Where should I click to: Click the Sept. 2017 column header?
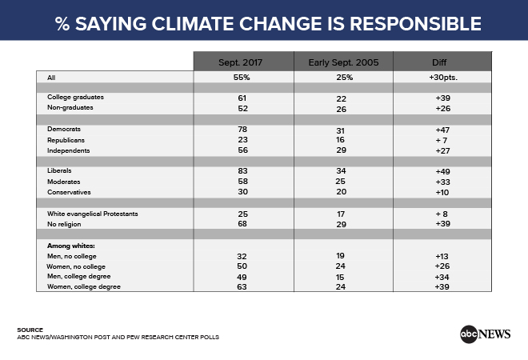[x=240, y=62]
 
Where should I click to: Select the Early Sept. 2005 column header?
[x=343, y=62]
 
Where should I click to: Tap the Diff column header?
[x=439, y=62]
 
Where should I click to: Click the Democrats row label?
[x=64, y=129]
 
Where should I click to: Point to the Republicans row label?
[x=66, y=140]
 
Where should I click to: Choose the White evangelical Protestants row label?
[x=93, y=214]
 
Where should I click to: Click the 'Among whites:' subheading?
[x=71, y=246]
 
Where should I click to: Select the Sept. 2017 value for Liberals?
[x=242, y=170]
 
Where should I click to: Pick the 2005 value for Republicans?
[x=340, y=140]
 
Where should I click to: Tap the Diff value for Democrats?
[x=442, y=130]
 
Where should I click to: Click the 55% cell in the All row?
[x=242, y=78]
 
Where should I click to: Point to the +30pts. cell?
[x=443, y=78]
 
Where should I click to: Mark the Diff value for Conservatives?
[x=442, y=192]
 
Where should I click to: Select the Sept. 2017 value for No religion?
[x=242, y=224]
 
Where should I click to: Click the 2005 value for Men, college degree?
[x=340, y=277]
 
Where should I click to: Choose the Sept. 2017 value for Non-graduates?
[x=242, y=109]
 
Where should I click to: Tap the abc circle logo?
[x=469, y=334]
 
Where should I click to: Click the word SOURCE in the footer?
[x=30, y=330]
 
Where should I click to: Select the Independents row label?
[x=68, y=150]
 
